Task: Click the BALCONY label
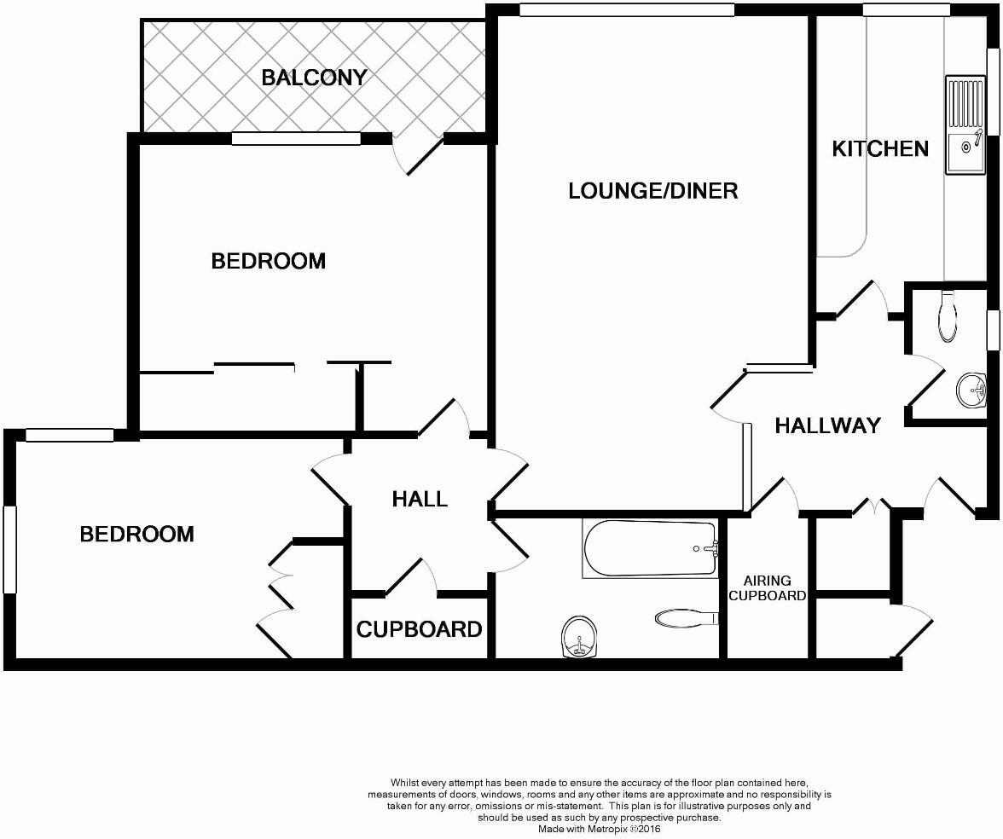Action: coord(314,78)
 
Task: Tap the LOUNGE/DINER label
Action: coord(652,190)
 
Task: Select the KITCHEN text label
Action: coord(880,148)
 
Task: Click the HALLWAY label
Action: coord(827,425)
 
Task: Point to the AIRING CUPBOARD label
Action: coord(768,588)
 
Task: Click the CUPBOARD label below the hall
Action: coord(419,630)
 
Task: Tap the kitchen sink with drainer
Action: coord(965,125)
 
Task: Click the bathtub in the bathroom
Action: coord(650,548)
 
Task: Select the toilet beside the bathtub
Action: coord(685,616)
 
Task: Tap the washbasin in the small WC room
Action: coord(971,391)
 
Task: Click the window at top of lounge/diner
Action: coord(627,10)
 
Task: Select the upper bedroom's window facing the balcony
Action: coord(296,139)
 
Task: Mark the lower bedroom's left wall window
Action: coord(9,549)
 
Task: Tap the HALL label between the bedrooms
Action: coord(420,499)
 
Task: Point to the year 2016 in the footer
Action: coord(647,828)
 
